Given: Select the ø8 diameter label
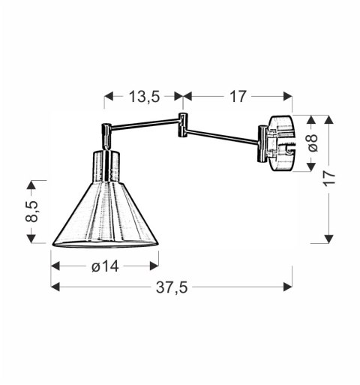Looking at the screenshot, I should [x=313, y=143].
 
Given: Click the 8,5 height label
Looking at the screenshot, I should [x=31, y=211].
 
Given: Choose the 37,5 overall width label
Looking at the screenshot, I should [x=172, y=287].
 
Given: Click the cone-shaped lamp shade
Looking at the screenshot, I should [x=105, y=218].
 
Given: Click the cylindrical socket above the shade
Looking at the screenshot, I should [x=105, y=166].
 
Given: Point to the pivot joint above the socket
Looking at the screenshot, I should [x=106, y=135].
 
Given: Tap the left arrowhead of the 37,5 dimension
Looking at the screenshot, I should [x=54, y=286].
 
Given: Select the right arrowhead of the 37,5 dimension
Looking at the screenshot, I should [x=289, y=286].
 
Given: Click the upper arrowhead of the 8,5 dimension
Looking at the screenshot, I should [x=31, y=185].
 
